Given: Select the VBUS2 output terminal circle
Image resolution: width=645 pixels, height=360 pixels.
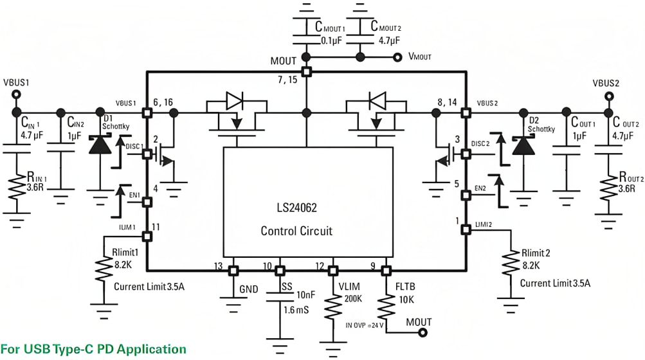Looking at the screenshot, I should pos(606,97).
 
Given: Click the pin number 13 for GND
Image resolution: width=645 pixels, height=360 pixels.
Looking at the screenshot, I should pos(219,266).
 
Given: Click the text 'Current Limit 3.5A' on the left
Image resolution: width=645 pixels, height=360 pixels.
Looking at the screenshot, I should pos(149,285).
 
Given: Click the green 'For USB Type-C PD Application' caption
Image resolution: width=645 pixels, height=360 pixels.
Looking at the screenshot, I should pos(94,349).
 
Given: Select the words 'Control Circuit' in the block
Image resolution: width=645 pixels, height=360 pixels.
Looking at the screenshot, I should pos(296,231).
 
